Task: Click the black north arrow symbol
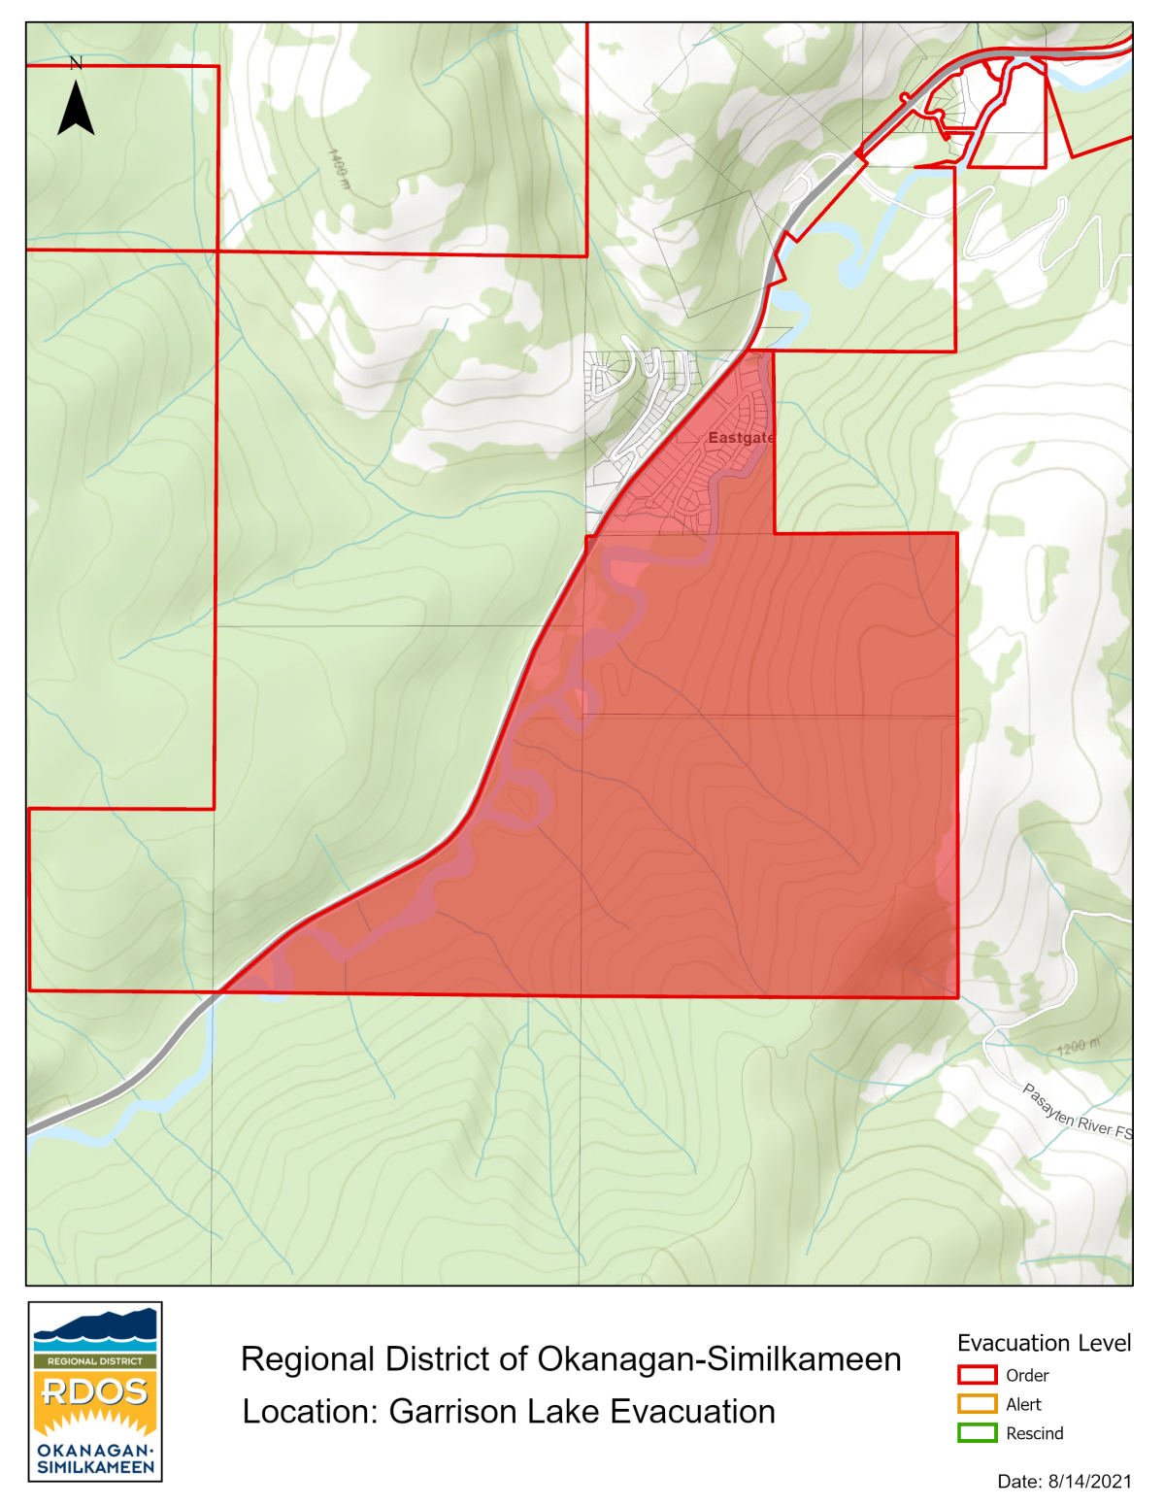76,109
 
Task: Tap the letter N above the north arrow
76,63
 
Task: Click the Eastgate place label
741,438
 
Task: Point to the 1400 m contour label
339,169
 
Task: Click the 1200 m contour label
1079,1047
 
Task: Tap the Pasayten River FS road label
1077,1113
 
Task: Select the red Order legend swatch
977,1375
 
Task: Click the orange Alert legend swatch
977,1404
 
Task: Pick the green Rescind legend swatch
977,1433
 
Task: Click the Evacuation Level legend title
1044,1343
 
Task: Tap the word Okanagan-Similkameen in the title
719,1359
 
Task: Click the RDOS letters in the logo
95,1391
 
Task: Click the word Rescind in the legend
1034,1433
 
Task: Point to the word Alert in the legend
1023,1404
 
